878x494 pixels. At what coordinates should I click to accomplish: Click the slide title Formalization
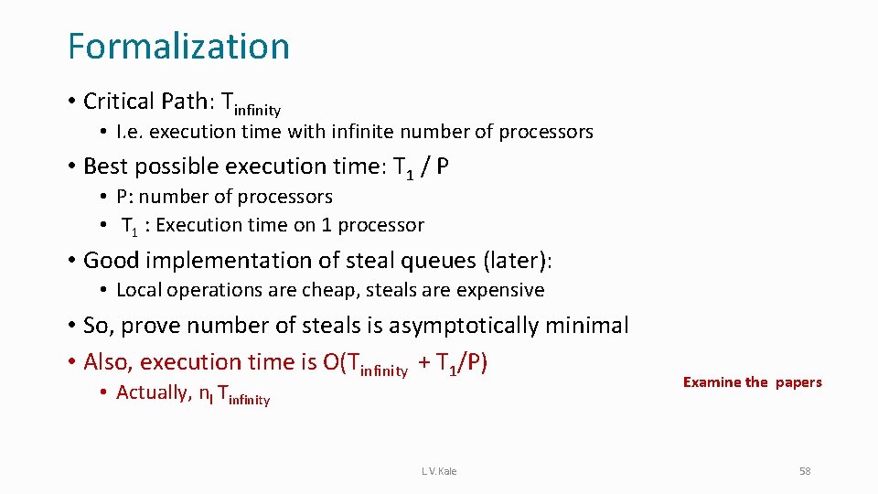click(x=178, y=47)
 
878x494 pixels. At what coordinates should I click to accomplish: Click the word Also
click(x=106, y=362)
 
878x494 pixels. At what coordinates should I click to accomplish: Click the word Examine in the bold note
click(x=712, y=382)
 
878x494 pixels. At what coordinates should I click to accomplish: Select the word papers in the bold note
click(x=798, y=382)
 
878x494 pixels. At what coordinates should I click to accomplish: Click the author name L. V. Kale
click(x=439, y=471)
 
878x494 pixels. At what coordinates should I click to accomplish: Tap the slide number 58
click(x=805, y=471)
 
